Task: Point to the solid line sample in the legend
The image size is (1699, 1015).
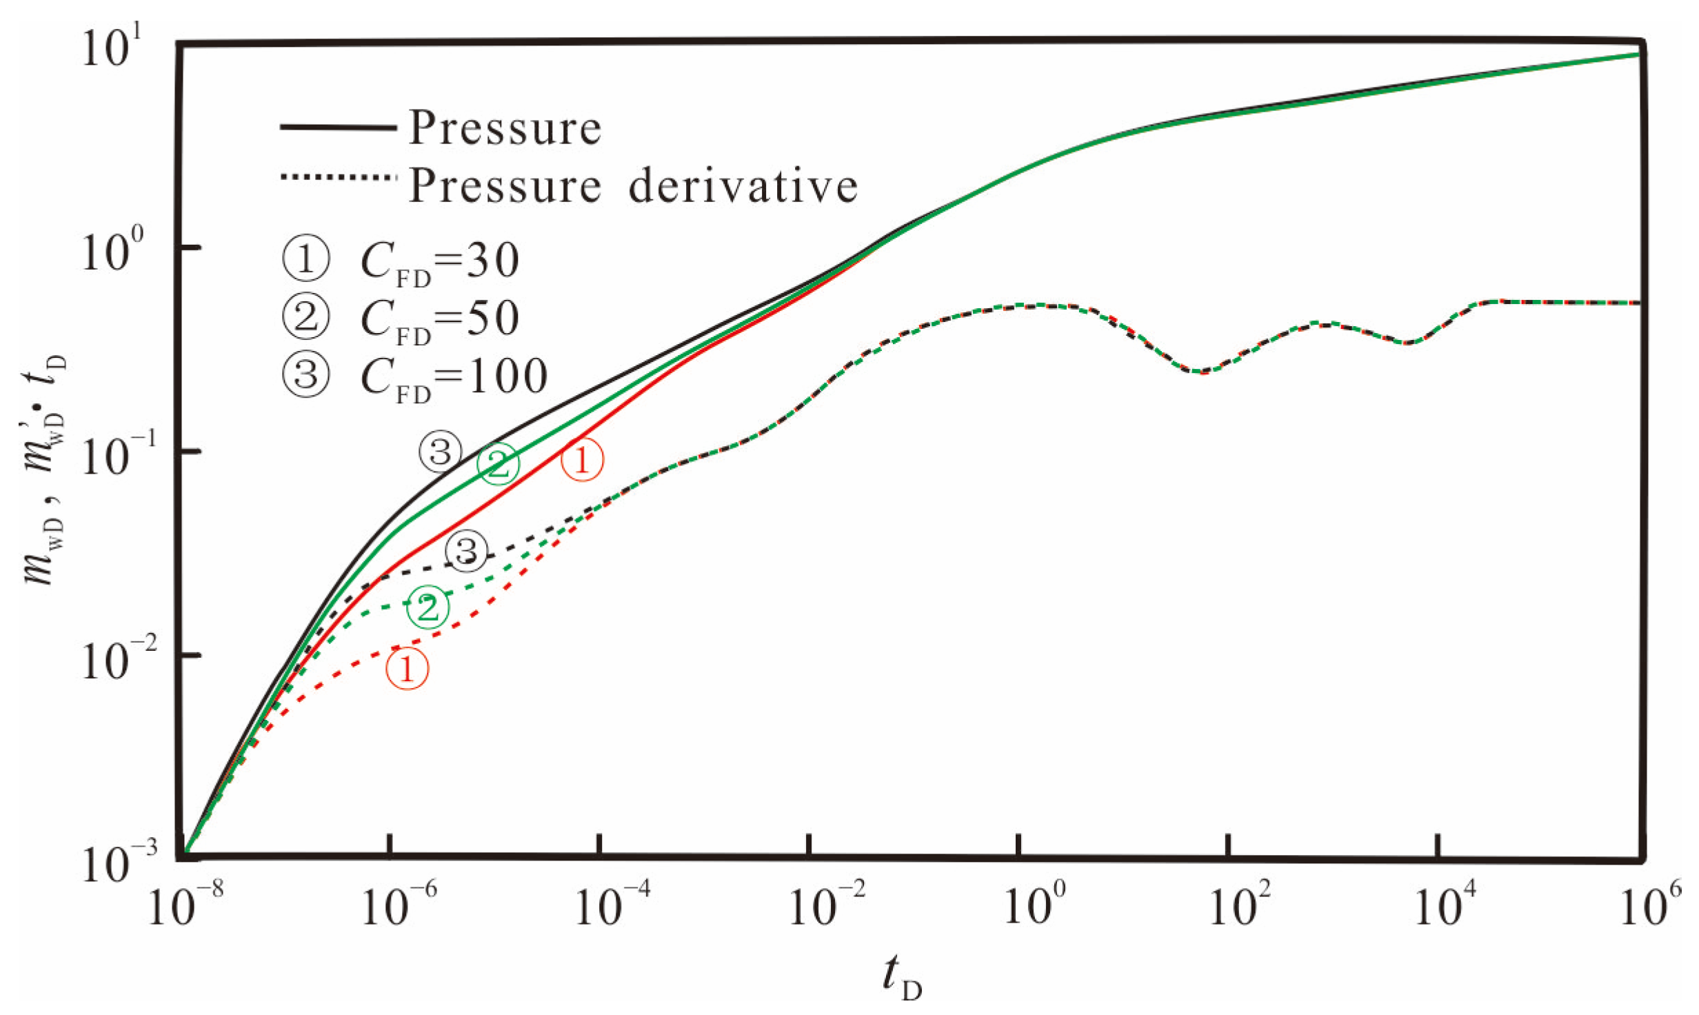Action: coord(338,128)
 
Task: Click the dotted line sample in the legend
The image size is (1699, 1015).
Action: coord(338,177)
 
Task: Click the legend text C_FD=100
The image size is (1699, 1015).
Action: coord(454,376)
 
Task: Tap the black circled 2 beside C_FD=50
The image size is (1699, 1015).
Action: coord(306,318)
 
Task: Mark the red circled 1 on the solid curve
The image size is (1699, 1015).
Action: coord(582,460)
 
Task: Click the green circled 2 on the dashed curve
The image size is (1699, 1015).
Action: coord(428,607)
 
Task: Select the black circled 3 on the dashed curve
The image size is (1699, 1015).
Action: coord(467,551)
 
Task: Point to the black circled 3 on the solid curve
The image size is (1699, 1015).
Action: coord(440,452)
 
